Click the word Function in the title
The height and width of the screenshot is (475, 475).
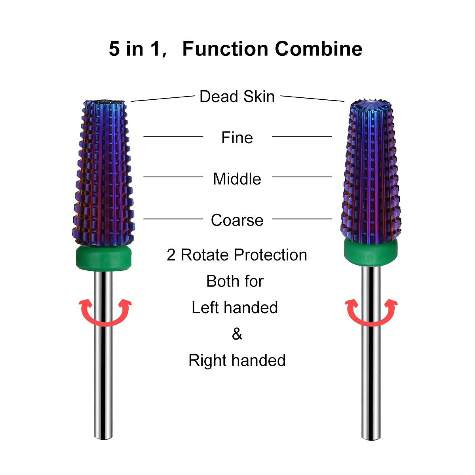tap(225, 49)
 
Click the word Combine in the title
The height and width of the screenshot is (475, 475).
tap(318, 49)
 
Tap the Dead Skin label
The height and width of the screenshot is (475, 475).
tap(237, 97)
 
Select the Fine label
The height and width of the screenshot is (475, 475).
tap(237, 138)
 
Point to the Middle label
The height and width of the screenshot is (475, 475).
tap(237, 179)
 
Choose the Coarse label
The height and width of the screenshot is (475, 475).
tap(237, 220)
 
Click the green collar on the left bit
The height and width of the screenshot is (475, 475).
tap(104, 258)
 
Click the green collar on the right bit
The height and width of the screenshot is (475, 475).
tap(370, 252)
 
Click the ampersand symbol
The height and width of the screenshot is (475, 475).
tap(237, 334)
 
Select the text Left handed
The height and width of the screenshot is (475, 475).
tap(235, 308)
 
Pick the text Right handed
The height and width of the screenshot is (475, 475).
tap(237, 361)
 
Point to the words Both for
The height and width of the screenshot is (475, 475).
tap(235, 281)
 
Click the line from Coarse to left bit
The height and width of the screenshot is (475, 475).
tap(173, 218)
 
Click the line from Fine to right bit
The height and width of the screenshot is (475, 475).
tap(302, 136)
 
